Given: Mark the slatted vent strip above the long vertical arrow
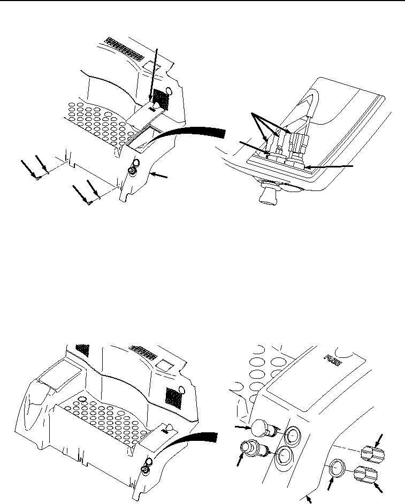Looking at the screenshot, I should [x=125, y=49].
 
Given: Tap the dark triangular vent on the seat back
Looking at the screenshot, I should [x=82, y=348].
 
